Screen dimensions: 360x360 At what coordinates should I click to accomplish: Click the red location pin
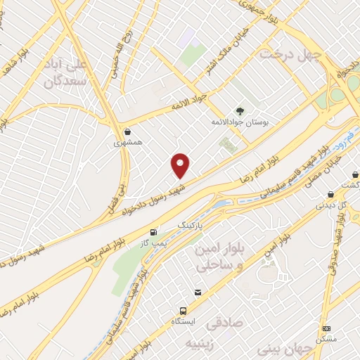tap(181, 165)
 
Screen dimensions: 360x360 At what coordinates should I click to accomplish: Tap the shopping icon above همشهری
tap(127, 131)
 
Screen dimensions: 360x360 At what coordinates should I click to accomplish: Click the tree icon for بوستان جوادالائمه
tap(239, 111)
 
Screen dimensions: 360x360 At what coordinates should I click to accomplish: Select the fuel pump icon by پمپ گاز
tap(153, 231)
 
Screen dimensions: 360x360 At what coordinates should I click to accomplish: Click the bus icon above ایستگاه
tap(184, 310)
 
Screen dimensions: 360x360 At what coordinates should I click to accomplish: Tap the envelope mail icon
tap(198, 292)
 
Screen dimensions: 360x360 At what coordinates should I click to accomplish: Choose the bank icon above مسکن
tap(326, 328)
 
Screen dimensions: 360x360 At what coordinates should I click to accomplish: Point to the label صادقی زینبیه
tap(207, 335)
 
